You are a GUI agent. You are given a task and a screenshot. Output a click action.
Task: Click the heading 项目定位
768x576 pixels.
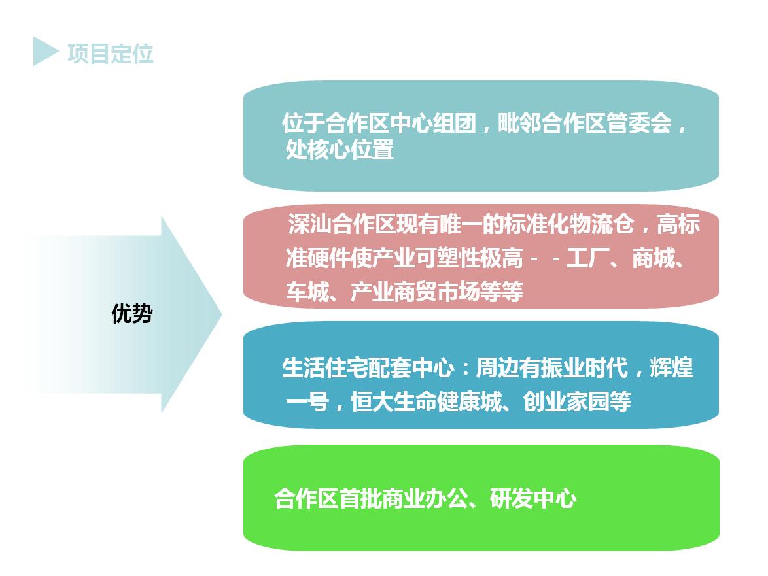(110, 54)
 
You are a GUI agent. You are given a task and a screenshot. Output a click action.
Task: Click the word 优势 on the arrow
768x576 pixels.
(132, 313)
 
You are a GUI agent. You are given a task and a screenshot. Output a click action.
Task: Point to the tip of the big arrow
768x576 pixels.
(222, 314)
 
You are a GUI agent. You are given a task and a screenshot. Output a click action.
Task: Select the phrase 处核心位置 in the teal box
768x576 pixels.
(340, 149)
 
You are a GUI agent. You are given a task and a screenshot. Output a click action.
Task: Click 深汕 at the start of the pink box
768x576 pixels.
(309, 224)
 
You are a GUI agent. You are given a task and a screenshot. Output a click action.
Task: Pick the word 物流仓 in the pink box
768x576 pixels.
(602, 224)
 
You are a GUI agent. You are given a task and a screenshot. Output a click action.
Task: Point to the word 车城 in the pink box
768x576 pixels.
(307, 292)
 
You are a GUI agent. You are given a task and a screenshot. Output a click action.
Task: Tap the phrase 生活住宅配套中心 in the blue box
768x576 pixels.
(368, 368)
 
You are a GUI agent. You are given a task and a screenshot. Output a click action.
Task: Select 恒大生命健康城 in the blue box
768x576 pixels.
(426, 402)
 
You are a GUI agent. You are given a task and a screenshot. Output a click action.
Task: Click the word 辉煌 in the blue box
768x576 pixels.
(672, 368)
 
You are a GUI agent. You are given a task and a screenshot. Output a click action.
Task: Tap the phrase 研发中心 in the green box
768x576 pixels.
(533, 499)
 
